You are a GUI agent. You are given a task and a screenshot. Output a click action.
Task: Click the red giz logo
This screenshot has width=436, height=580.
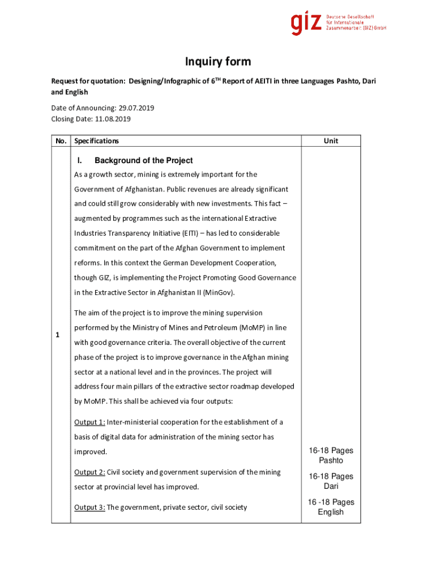307,23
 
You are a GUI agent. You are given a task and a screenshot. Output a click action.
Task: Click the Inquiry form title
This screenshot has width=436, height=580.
218,62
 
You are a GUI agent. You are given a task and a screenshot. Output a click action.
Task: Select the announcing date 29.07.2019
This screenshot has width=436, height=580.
135,108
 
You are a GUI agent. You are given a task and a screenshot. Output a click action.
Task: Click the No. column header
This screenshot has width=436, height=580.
61,140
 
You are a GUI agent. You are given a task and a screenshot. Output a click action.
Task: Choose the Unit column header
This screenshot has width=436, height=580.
331,140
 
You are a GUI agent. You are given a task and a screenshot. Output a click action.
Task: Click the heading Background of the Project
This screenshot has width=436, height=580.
143,160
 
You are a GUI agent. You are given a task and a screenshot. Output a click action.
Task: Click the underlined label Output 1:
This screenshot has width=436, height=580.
89,422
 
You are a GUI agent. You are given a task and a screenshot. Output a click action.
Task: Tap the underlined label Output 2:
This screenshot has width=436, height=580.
89,472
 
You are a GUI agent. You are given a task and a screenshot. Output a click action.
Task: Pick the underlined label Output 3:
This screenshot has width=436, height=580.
89,507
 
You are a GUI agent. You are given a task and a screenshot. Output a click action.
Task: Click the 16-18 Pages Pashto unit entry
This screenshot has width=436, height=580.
331,455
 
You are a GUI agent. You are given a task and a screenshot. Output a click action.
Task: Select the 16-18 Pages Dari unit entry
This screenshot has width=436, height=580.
331,481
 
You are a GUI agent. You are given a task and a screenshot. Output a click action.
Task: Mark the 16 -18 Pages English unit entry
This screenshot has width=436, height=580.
331,507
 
